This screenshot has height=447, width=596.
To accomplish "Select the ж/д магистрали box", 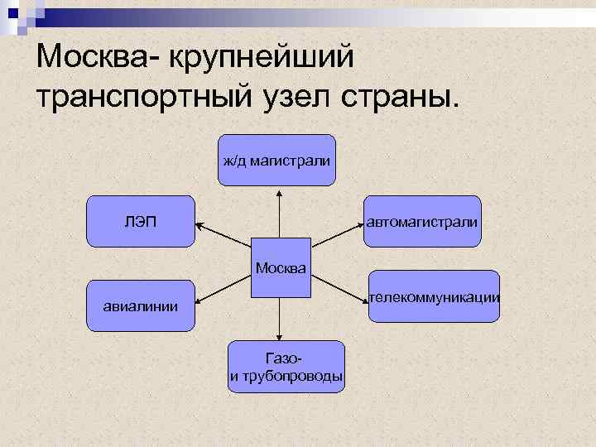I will point(277,159).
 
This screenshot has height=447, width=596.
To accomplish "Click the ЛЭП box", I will point(141,221).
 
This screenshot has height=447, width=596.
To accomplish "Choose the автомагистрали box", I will point(422,221).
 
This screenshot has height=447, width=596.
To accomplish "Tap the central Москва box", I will point(281,268).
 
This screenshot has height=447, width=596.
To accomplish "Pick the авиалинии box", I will point(141,305).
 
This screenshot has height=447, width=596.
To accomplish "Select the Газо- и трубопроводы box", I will point(286,366).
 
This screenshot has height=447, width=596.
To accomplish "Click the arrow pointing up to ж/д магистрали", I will point(280,215).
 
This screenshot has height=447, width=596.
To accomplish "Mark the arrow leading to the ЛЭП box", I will point(223,231).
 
